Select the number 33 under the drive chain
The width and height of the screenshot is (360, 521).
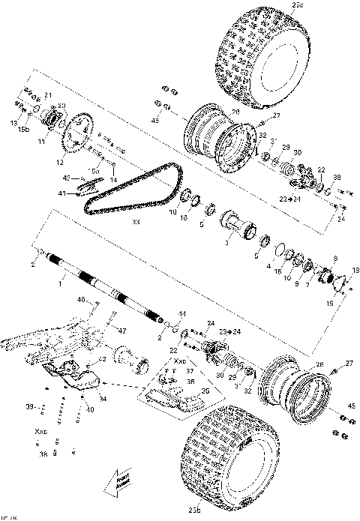[x=135, y=222]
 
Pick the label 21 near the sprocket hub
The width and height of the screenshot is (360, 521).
[x=47, y=95]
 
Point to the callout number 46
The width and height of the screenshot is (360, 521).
[x=82, y=299]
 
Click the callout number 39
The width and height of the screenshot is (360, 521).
[x=29, y=406]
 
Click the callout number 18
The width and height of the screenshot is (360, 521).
[x=355, y=270]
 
